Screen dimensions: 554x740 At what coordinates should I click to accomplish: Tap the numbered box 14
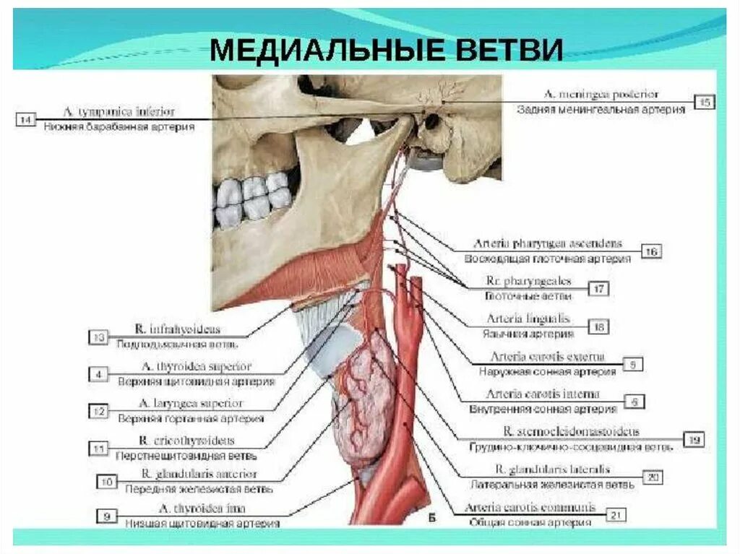point(26,120)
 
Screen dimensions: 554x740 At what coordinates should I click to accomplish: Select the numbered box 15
point(705,102)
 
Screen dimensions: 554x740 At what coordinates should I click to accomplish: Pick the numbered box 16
point(651,251)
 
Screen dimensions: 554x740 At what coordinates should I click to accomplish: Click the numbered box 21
point(616,514)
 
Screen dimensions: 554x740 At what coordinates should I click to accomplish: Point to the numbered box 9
point(107,516)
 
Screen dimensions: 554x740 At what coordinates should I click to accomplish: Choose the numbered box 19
point(694,438)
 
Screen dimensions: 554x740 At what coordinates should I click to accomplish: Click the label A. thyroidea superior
point(197,367)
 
